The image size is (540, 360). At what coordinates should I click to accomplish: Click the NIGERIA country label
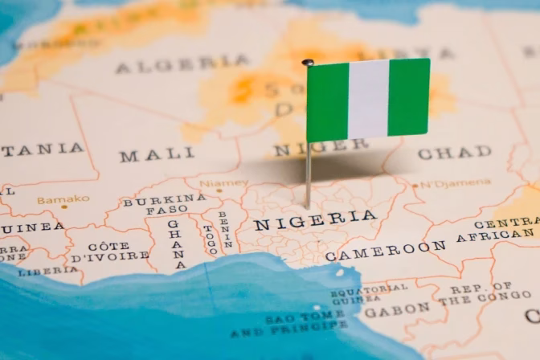(x=315, y=219)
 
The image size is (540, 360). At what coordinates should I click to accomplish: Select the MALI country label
(x=157, y=153)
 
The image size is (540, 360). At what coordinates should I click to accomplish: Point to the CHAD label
(x=454, y=153)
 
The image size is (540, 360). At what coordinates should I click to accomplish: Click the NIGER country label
(x=321, y=147)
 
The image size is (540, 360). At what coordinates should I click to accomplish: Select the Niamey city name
(x=223, y=183)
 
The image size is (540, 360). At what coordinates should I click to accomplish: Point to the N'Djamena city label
(x=456, y=183)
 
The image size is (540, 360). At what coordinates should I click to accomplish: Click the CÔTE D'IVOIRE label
(x=109, y=251)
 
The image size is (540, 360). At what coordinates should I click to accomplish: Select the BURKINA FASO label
(x=165, y=203)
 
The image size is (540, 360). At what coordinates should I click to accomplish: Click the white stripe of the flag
(x=368, y=99)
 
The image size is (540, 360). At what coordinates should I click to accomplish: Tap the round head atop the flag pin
(x=308, y=62)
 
